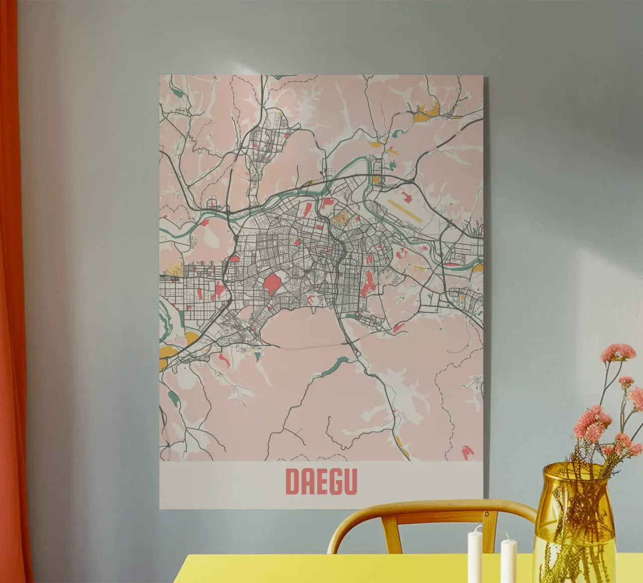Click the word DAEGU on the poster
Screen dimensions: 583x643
321,481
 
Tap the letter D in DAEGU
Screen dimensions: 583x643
292,481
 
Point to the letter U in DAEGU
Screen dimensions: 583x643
351,481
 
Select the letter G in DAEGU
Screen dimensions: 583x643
336,481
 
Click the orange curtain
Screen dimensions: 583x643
13,302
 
